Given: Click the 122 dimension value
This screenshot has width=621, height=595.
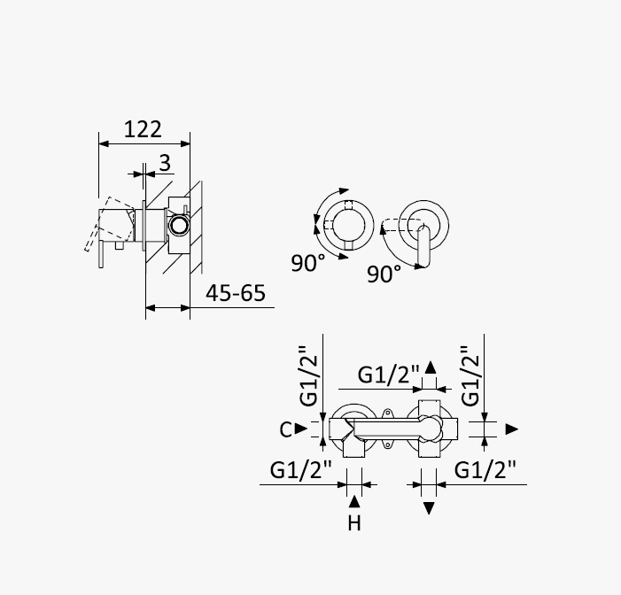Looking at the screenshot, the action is [143, 129].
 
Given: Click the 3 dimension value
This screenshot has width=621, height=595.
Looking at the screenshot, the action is [165, 163].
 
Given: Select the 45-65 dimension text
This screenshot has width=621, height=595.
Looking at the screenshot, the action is [236, 293].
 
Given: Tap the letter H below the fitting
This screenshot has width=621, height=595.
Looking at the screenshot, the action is [354, 523].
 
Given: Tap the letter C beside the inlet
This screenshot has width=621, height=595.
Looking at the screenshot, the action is [285, 429].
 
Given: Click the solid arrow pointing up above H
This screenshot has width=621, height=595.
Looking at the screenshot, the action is [354, 501].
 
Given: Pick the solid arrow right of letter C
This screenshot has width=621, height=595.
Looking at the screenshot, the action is [301, 429].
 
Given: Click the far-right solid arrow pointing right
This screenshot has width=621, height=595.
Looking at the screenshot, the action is [512, 429].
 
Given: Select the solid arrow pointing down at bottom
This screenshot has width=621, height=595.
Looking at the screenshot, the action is [429, 508].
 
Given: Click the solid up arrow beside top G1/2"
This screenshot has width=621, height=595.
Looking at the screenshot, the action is [431, 367].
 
